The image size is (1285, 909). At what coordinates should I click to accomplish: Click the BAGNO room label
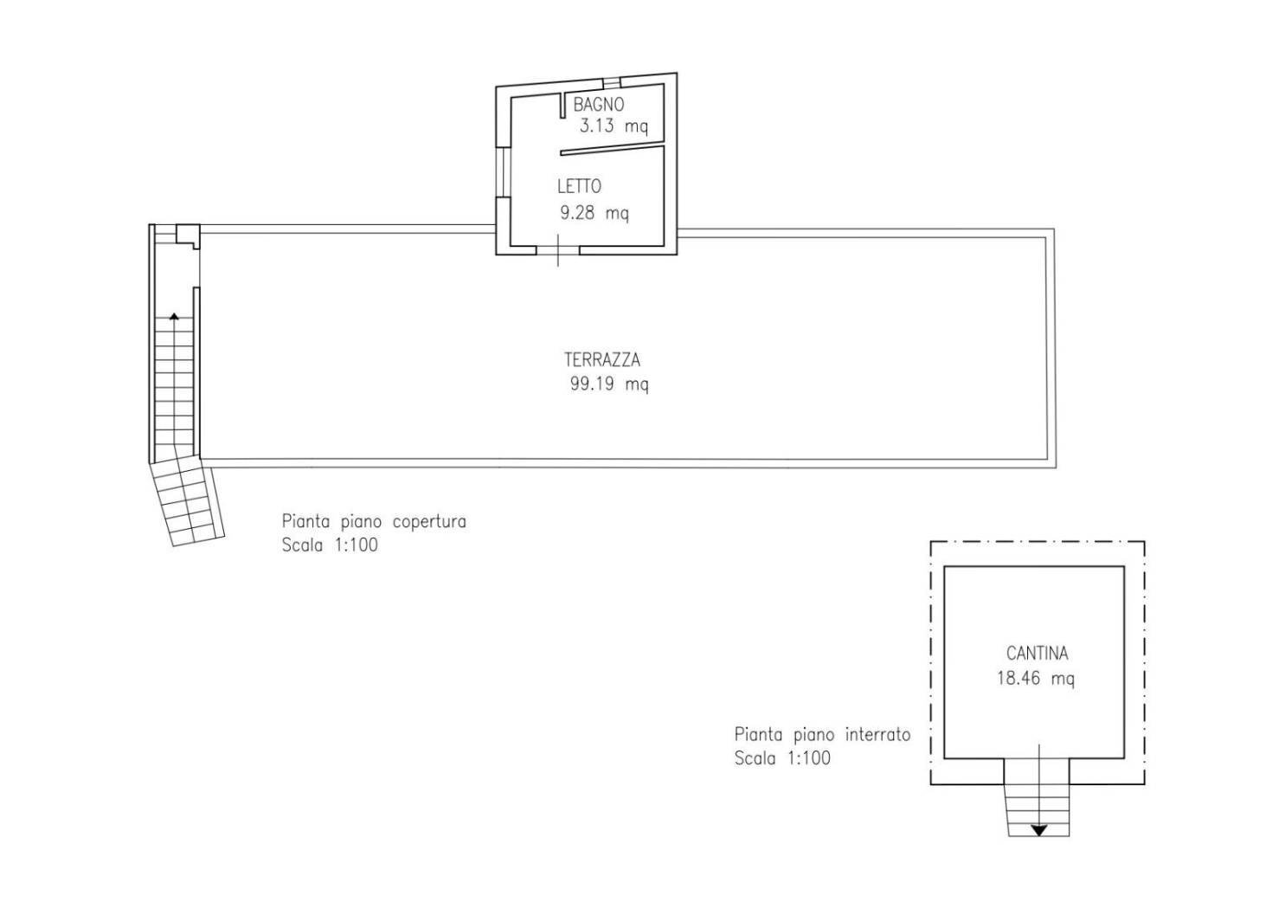coord(598,105)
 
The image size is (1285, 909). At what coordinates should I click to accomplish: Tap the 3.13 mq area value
coord(614,126)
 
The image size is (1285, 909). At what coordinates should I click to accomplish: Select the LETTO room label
coord(579,186)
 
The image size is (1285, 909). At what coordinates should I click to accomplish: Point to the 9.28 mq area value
coord(594,214)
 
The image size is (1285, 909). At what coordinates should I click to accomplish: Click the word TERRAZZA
coord(601,360)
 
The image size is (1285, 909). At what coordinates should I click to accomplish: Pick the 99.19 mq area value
coord(609,384)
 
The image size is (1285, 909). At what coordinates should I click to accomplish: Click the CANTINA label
coord(1037,653)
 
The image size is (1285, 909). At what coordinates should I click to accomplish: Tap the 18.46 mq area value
coord(1036,679)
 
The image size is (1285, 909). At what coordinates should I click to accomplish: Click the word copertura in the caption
coord(429,522)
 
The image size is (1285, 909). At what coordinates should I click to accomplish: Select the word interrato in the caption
coord(877,734)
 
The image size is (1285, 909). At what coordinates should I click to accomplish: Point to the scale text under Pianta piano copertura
coord(330,545)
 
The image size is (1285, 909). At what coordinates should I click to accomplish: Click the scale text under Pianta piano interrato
coord(782,758)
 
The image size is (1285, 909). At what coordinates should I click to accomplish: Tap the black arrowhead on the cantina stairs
coord(1039,830)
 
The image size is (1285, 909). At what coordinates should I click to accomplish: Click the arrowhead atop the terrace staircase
coord(175,316)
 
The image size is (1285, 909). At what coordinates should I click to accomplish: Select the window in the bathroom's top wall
coord(612,82)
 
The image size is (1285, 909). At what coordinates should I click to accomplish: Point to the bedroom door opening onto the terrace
coord(557,250)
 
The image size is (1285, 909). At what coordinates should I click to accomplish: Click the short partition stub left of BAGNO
coord(562,106)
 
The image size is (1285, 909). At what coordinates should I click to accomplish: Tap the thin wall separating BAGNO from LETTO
coord(612,149)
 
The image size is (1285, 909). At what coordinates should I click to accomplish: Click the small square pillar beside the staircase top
coord(188,235)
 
